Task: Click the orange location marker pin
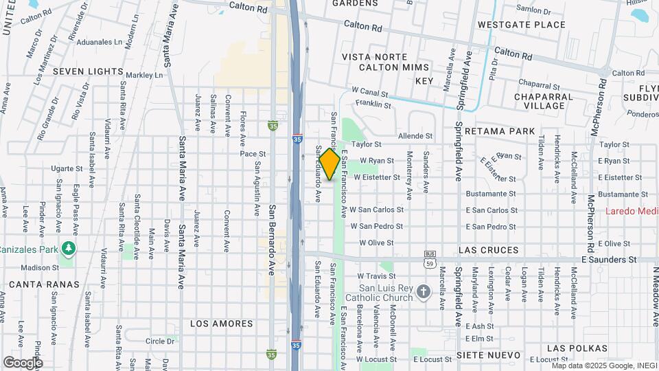coord(329,164)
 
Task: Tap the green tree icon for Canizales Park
coord(67,247)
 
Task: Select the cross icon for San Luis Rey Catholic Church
coord(424,291)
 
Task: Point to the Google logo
coord(23,362)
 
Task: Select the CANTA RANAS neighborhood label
coord(44,284)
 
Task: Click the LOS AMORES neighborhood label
coord(221,323)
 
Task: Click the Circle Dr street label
coord(160,340)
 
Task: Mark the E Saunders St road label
coord(609,260)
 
